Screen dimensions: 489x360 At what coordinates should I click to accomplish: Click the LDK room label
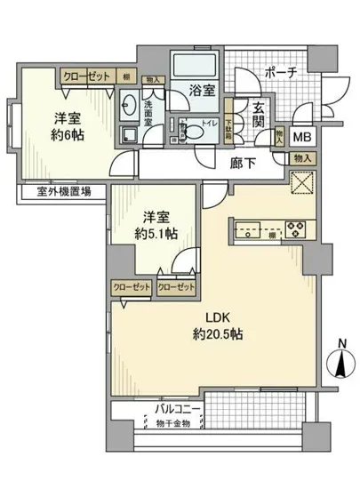point(223,317)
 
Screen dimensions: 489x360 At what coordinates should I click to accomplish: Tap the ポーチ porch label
point(280,72)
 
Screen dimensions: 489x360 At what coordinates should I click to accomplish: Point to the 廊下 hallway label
point(243,163)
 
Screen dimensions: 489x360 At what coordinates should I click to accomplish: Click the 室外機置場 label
point(54,190)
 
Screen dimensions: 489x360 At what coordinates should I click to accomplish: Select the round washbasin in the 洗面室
point(126,102)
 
